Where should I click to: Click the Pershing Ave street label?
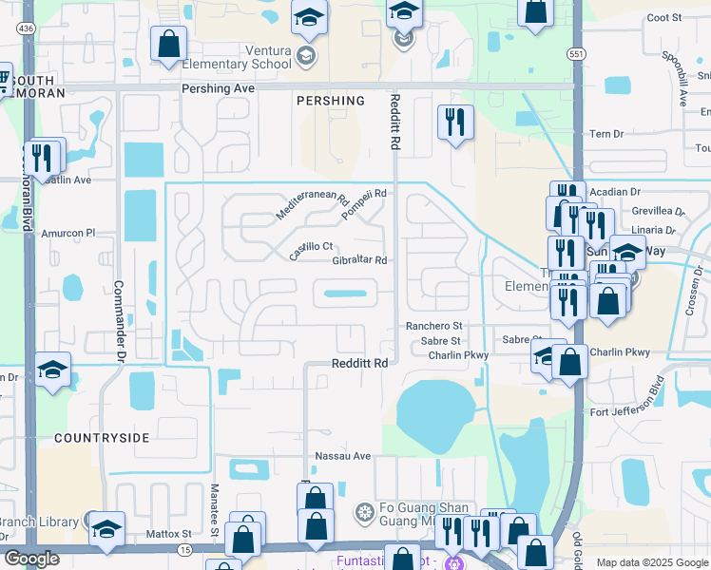click(219, 88)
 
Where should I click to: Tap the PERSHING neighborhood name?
click(330, 101)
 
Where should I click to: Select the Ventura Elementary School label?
click(241, 65)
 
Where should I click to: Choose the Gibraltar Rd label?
click(359, 260)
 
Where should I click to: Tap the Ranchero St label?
click(433, 326)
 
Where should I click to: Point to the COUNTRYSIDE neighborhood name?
click(102, 438)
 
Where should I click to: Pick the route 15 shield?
click(183, 550)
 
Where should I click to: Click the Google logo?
click(31, 559)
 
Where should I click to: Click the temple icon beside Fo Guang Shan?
click(363, 514)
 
